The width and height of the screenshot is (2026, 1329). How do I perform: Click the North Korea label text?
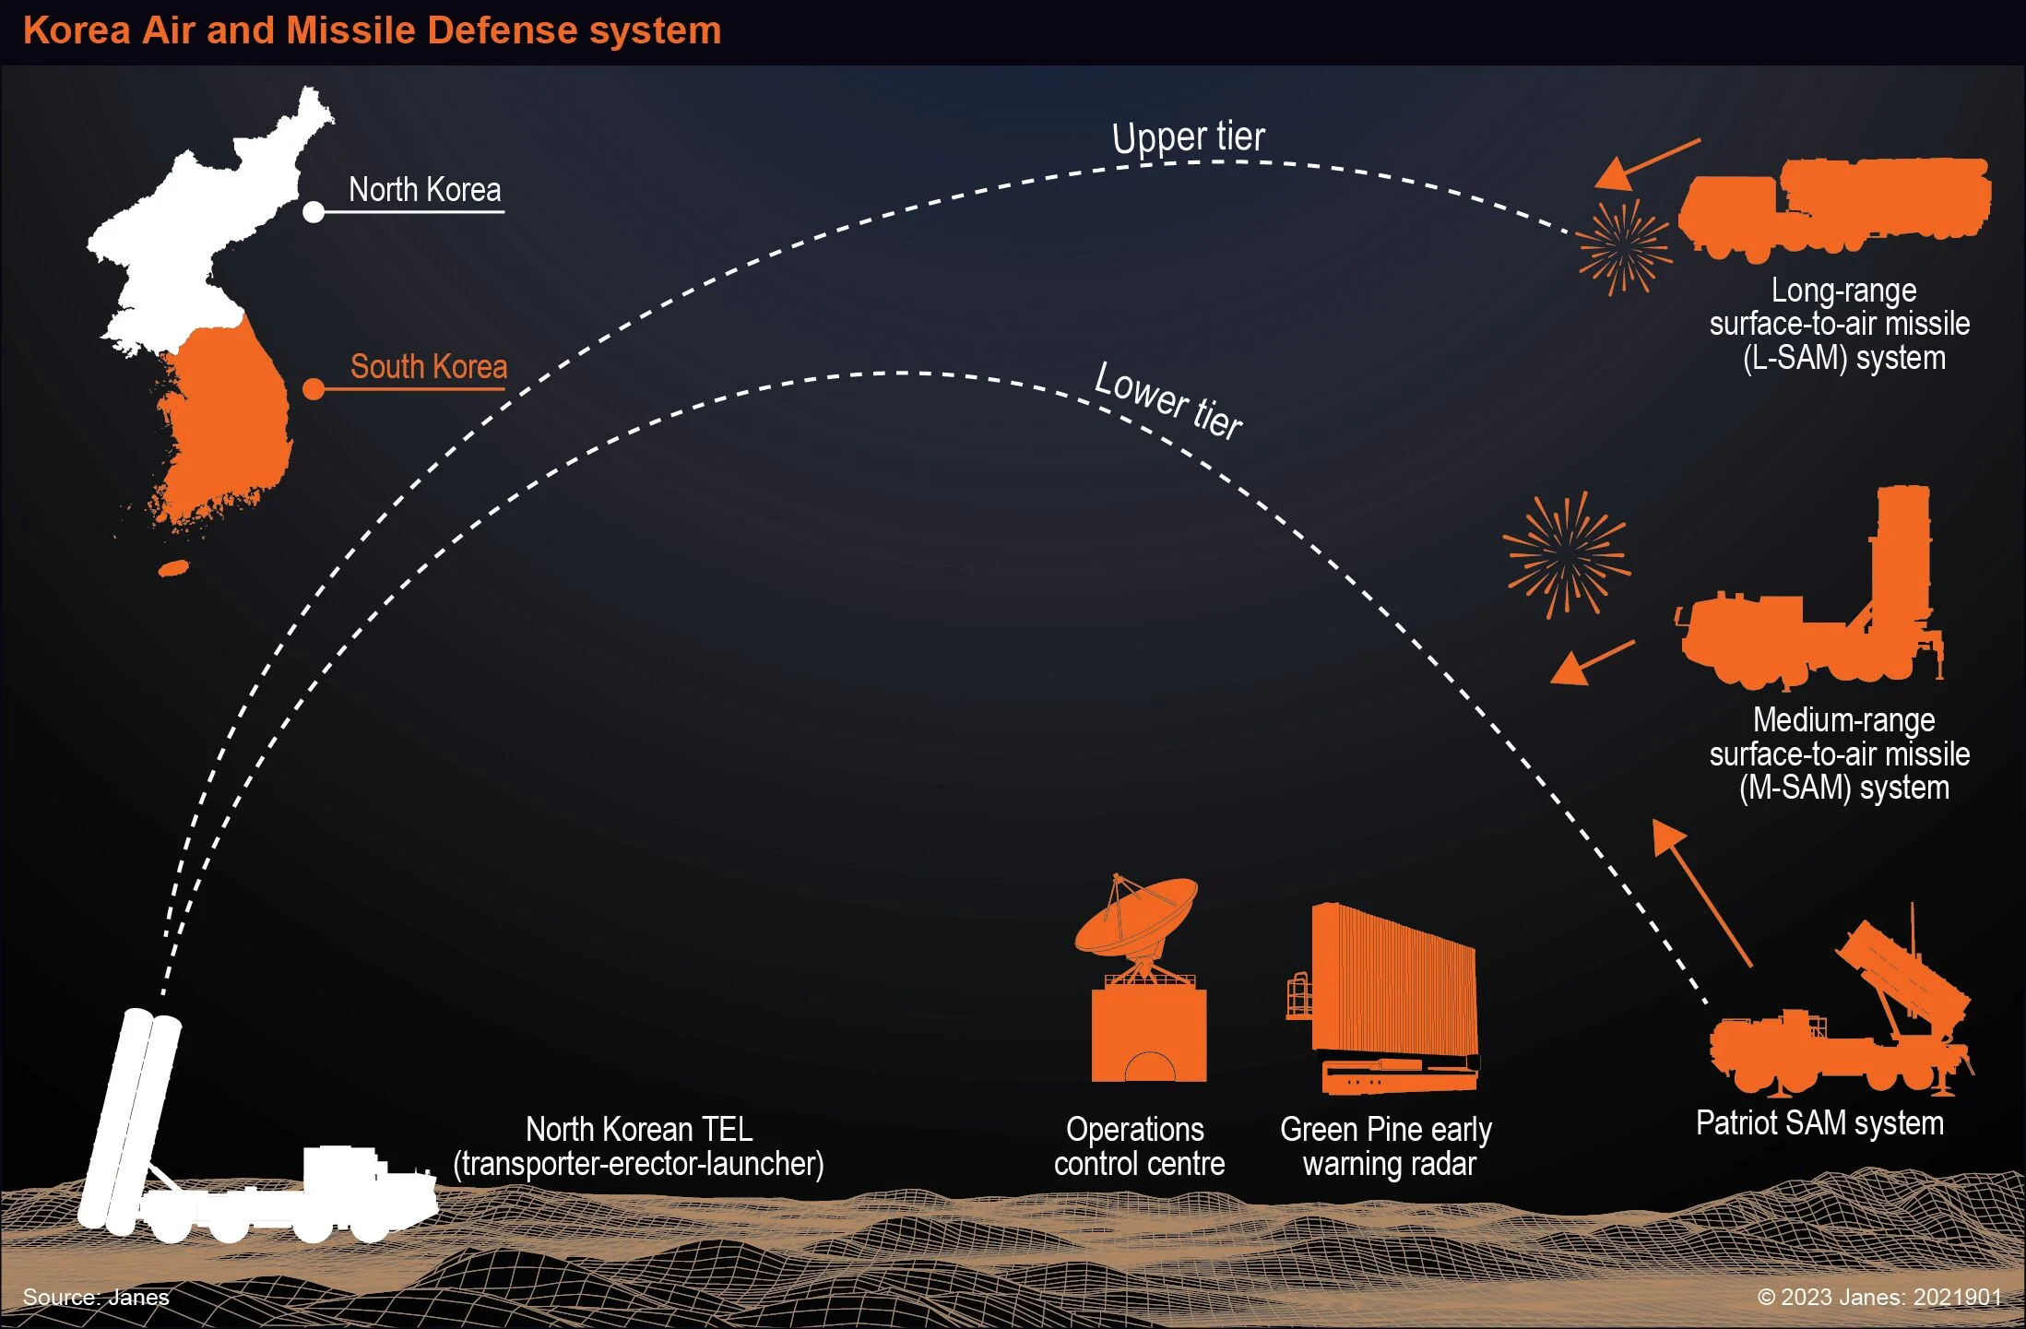(425, 190)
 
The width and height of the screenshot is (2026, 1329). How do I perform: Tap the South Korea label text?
(429, 367)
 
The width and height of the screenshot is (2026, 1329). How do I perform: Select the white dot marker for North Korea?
(314, 212)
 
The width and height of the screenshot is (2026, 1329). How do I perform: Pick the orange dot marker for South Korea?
(314, 389)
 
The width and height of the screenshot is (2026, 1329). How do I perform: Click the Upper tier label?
(1189, 138)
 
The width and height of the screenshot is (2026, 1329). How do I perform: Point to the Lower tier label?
(1168, 401)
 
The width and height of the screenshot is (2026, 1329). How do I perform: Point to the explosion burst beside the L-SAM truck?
(1624, 247)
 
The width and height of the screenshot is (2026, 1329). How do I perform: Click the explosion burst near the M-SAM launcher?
(1566, 554)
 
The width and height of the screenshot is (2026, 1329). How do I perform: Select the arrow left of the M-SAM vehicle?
(1592, 663)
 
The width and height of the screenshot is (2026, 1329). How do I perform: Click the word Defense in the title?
(503, 30)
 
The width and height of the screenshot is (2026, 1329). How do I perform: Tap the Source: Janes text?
(96, 1298)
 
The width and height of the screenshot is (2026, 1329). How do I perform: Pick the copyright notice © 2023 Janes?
(1879, 1298)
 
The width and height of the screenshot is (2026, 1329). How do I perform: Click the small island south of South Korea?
(173, 568)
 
